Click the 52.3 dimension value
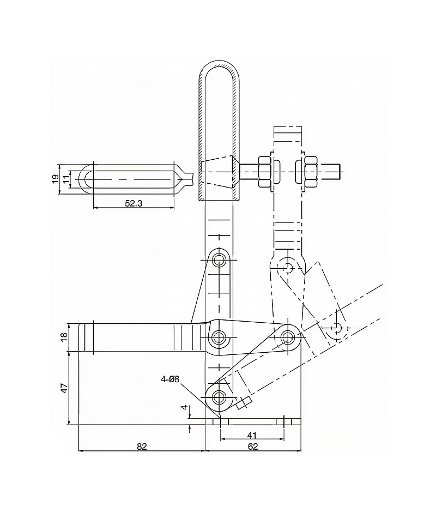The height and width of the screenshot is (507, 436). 134,203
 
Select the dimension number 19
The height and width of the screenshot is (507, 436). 55,179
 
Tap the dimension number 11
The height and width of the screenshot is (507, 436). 66,179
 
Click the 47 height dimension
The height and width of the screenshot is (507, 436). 64,388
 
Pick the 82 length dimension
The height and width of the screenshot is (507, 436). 142,446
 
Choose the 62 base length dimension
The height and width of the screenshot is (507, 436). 253,446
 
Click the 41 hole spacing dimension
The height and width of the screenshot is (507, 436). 252,436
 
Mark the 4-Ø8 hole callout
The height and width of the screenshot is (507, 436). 170,379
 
